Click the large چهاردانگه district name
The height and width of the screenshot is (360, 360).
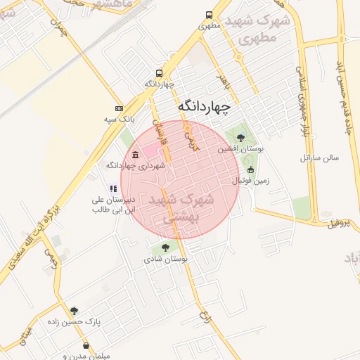click(x=204, y=106)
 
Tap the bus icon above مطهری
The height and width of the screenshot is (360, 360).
click(x=210, y=15)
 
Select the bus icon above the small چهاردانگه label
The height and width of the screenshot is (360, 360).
click(x=160, y=73)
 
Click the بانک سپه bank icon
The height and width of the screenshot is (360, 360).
click(x=119, y=109)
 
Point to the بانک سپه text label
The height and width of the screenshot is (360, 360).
click(x=119, y=120)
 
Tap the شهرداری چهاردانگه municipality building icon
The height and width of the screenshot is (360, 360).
click(x=135, y=155)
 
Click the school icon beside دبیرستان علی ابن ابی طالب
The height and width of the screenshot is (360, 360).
click(x=112, y=188)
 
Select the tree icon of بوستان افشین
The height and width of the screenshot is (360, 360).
click(x=241, y=137)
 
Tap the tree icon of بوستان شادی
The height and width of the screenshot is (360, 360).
click(x=165, y=247)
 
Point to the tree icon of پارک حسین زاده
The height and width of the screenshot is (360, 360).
click(x=75, y=310)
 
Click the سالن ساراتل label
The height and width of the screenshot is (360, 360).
click(x=320, y=157)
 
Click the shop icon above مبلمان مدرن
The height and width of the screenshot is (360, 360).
click(x=86, y=345)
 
